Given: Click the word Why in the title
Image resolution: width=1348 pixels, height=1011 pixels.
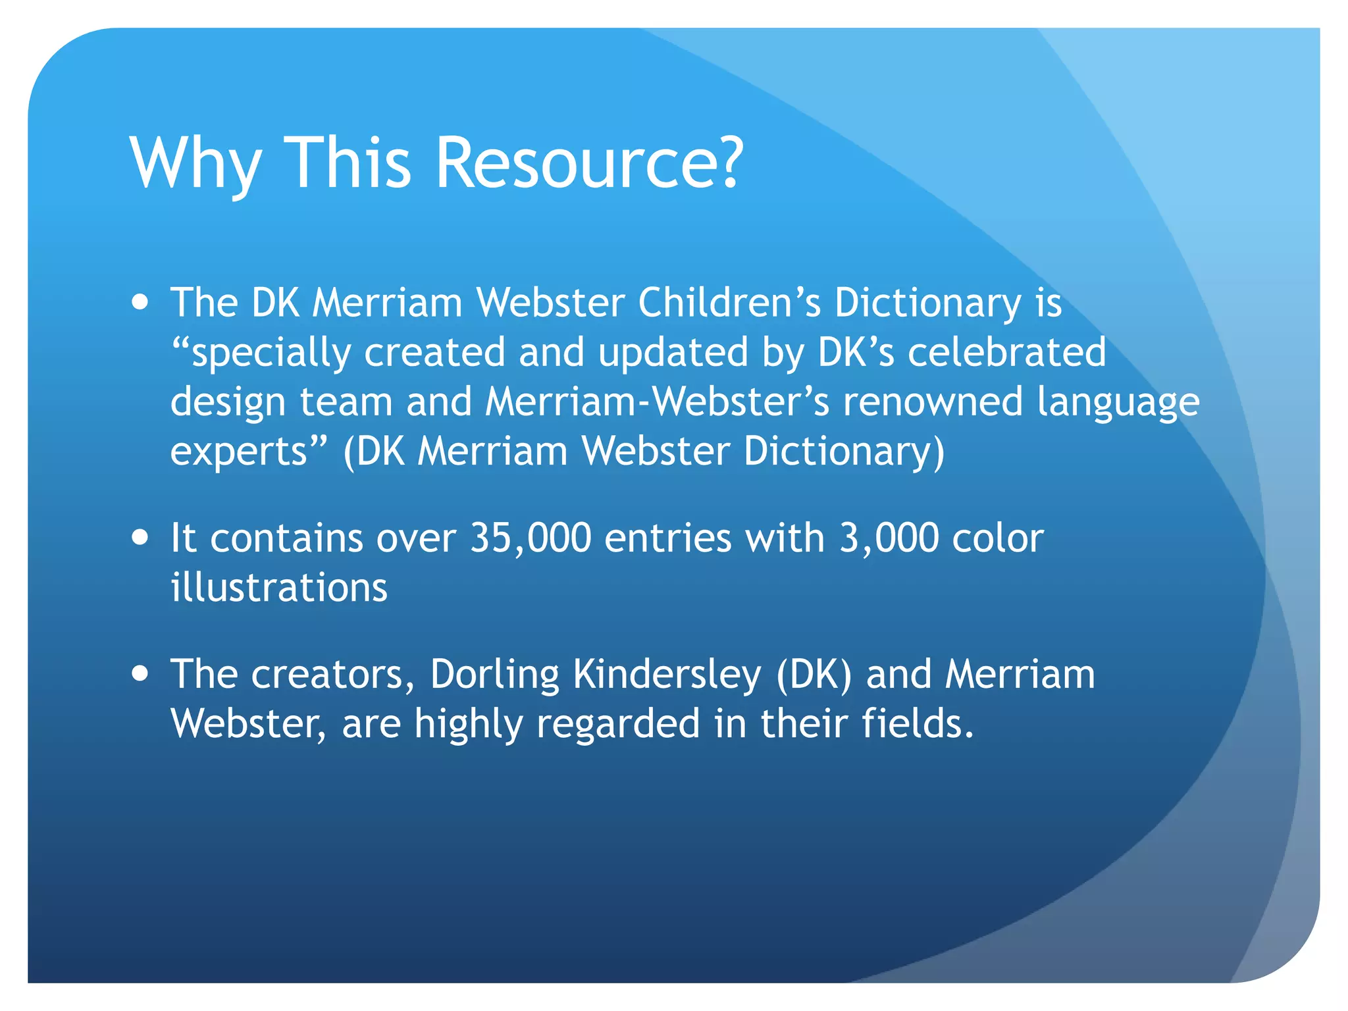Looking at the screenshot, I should pos(195,163).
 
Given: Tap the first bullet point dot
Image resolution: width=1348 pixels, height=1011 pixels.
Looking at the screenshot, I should pos(140,303).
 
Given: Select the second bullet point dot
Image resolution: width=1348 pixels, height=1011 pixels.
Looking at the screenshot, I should pos(140,537).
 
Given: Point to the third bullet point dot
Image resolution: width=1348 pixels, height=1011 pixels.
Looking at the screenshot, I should pos(140,674).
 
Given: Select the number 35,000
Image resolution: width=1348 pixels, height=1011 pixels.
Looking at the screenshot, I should pos(531,538).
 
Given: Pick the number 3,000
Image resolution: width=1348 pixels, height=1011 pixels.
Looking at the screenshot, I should pos(889,538).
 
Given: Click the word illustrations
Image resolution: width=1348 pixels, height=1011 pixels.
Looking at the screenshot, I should pos(279,587).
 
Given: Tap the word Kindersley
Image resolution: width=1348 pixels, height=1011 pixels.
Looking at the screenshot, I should pos(666,675).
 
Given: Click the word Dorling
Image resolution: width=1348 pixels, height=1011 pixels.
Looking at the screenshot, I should pos(494,675).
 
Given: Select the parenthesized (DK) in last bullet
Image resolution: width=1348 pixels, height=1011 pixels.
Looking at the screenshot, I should pos(814,675).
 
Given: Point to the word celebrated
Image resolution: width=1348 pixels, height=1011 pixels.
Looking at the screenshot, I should pos(1007,352).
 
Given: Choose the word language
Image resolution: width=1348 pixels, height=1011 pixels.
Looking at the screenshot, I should pos(1118,403).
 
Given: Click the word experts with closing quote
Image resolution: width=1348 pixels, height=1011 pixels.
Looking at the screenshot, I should pos(248,452).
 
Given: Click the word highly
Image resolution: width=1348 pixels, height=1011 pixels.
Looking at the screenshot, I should pos(468,725).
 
